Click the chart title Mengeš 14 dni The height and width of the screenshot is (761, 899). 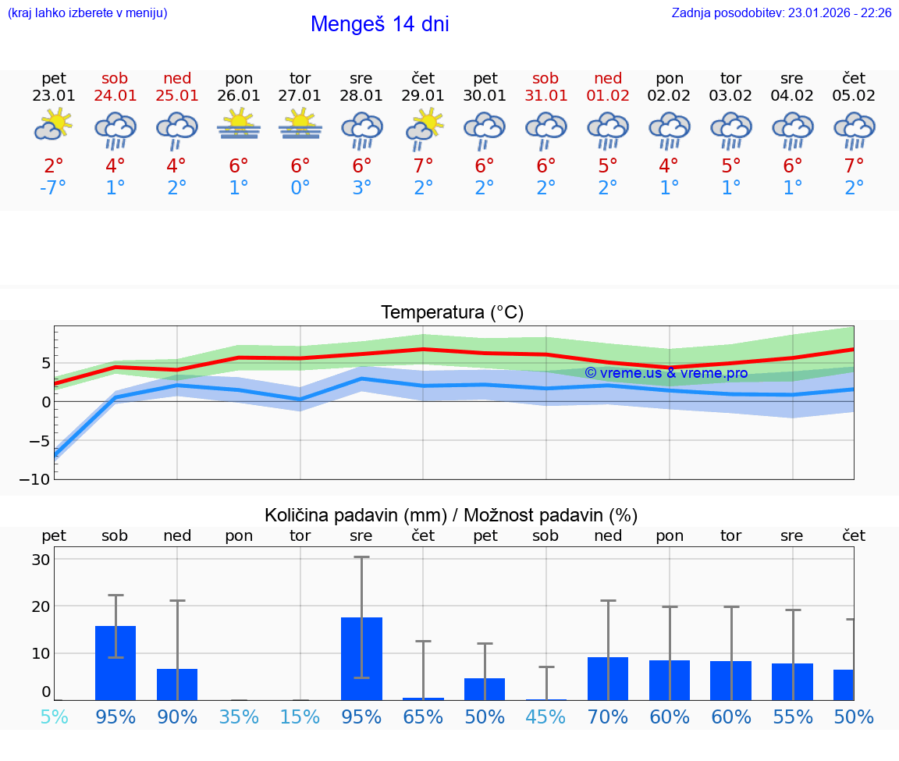pos(379,24)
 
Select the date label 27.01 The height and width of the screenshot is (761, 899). pos(300,96)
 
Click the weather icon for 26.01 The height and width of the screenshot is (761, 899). pos(238,125)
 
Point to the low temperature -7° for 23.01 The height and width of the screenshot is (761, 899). pos(53,188)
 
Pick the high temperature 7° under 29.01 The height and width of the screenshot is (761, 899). pos(423,165)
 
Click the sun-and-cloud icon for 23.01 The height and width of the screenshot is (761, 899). pos(53,125)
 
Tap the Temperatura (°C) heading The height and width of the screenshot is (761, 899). pos(452,313)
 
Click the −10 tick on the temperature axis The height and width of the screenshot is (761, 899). pos(40,479)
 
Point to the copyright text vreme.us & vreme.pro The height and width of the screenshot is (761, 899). pos(666,373)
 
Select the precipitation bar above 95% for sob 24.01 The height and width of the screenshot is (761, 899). pos(115,663)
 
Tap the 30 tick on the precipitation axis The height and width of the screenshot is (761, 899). pos(41,560)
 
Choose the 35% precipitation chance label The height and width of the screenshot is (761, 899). pos(238,717)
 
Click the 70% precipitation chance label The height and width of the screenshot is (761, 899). pos(608,717)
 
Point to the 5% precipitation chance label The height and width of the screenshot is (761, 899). pos(53,717)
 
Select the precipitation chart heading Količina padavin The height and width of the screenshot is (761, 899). pos(450,515)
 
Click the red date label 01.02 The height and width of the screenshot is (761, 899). pos(608,96)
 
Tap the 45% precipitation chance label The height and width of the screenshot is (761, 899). pos(545,717)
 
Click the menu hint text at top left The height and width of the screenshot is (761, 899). pos(87,12)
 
